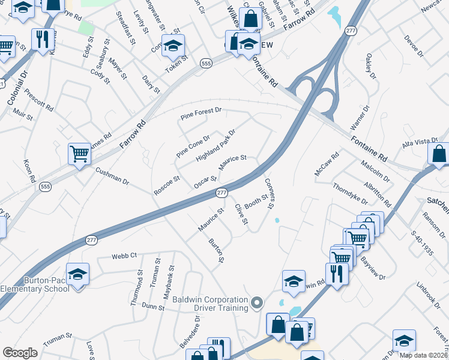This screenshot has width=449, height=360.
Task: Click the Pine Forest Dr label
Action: pos(201,111)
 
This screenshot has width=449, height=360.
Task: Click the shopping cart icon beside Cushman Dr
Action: pos(79,153)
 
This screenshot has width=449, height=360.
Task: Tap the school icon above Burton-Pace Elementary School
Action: pos(77,274)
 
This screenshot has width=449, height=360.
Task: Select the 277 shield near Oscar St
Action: pos(221,192)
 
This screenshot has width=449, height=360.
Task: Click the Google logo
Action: pos(20,353)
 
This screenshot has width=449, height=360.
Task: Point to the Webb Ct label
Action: pos(124,256)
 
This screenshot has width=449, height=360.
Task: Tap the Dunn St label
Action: pos(154,307)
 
